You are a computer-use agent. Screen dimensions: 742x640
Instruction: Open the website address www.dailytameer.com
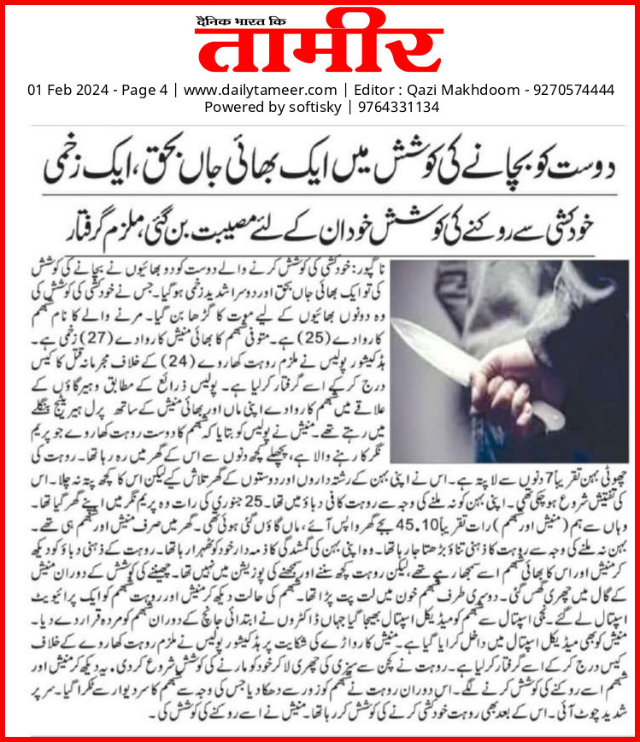pyautogui.click(x=261, y=90)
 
